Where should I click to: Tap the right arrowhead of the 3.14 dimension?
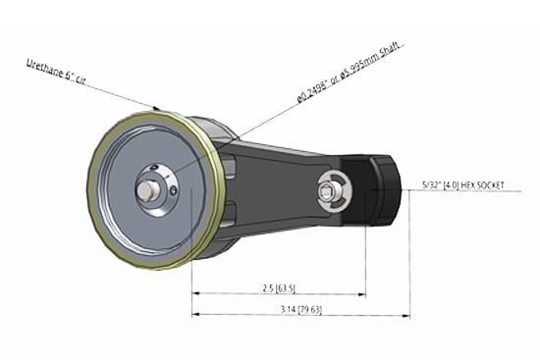click(406, 314)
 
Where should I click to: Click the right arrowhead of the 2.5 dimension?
click(362, 293)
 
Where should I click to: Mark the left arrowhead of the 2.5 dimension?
click(194, 293)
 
